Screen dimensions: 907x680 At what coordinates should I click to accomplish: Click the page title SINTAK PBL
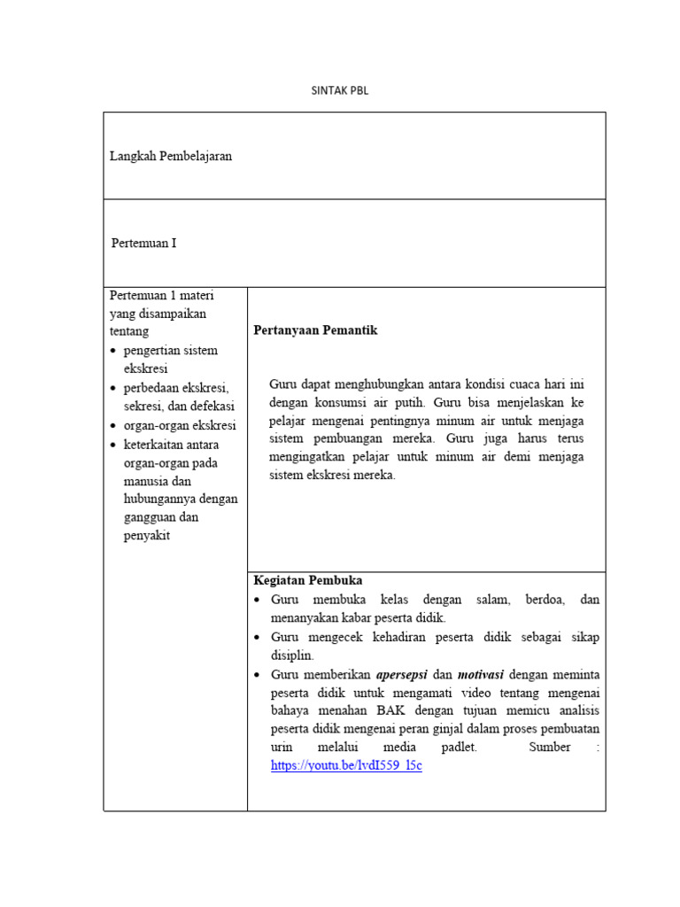click(339, 90)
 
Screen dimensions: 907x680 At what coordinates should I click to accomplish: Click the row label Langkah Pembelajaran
click(171, 156)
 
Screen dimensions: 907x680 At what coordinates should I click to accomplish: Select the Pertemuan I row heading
click(143, 243)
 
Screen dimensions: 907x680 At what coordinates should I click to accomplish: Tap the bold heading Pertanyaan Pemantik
click(315, 330)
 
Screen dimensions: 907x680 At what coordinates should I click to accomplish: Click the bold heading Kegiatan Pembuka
click(307, 581)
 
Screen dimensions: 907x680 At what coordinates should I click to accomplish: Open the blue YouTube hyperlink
click(346, 765)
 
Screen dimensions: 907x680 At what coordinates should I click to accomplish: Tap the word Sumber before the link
click(549, 748)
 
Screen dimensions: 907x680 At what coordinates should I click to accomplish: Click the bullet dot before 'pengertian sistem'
click(114, 351)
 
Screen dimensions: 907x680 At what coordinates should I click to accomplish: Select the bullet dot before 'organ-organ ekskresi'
click(114, 426)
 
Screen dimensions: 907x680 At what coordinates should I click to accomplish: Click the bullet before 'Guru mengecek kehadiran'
click(256, 637)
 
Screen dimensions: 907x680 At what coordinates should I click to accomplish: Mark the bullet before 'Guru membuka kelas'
click(256, 600)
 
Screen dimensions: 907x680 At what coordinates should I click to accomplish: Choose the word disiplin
click(291, 655)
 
